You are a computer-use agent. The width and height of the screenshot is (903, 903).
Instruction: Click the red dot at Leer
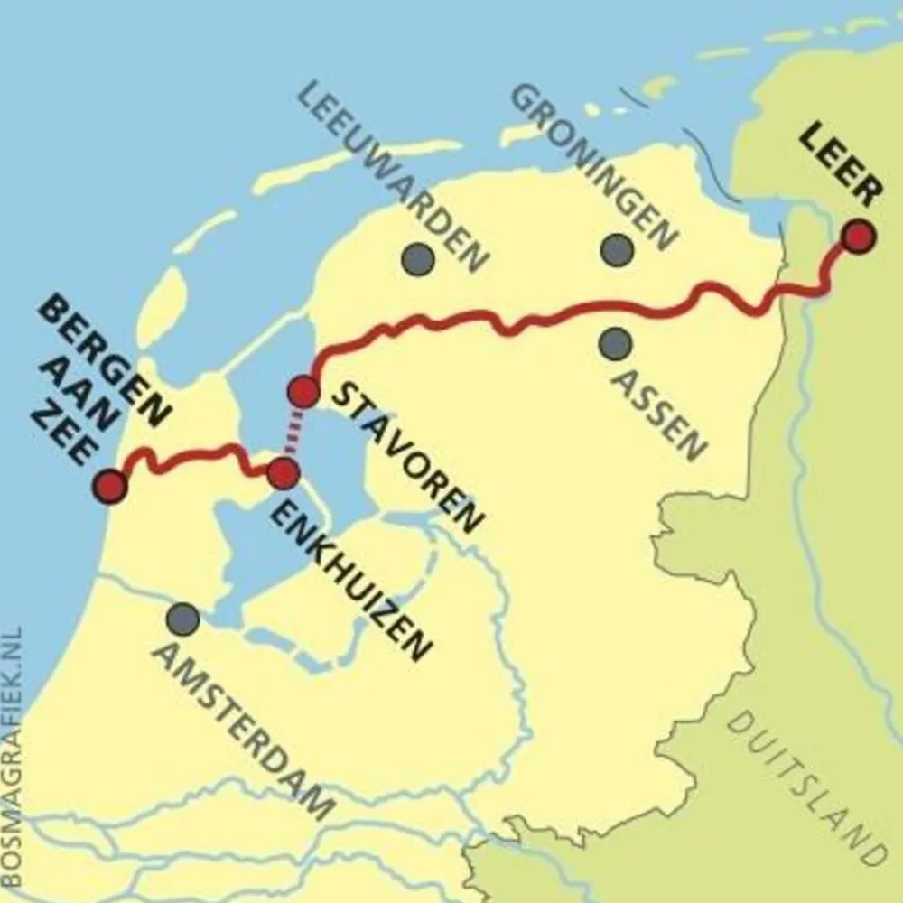click(x=857, y=237)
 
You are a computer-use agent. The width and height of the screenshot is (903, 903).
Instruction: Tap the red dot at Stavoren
click(x=303, y=392)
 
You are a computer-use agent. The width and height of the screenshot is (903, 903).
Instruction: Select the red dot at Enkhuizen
click(x=284, y=472)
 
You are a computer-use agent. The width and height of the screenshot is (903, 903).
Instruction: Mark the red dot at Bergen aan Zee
click(x=111, y=486)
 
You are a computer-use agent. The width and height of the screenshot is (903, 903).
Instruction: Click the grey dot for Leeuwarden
click(x=417, y=259)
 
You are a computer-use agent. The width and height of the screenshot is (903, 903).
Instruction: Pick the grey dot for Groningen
click(x=617, y=250)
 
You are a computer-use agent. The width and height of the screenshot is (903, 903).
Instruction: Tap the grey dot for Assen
click(x=615, y=343)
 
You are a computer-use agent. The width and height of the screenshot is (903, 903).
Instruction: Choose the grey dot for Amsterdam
click(x=183, y=619)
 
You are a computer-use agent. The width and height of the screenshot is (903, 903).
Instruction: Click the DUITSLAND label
click(x=803, y=786)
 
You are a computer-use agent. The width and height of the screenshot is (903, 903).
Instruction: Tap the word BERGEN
click(x=105, y=362)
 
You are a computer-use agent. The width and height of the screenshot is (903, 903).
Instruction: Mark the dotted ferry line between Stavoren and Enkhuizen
click(x=293, y=433)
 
